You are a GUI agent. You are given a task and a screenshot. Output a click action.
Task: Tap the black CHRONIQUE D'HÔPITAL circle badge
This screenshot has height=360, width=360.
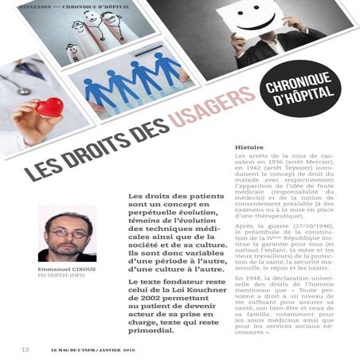302,92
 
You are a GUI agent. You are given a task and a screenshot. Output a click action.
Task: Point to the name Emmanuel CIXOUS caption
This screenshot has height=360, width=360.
66,270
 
